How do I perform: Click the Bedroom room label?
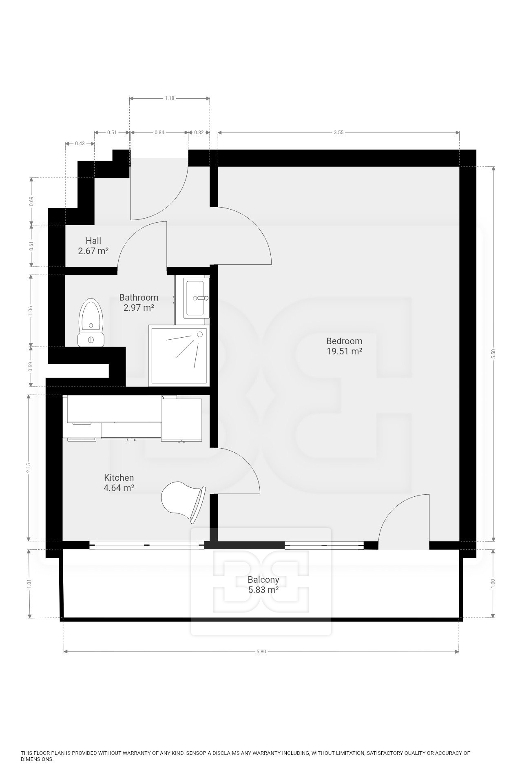pyautogui.click(x=344, y=346)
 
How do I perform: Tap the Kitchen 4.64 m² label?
pyautogui.click(x=119, y=482)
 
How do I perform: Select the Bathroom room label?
pyautogui.click(x=139, y=302)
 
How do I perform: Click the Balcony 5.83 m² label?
pyautogui.click(x=263, y=584)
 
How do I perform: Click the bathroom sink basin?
pyautogui.click(x=196, y=297)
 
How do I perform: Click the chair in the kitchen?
pyautogui.click(x=184, y=502)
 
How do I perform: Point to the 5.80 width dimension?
pyautogui.click(x=261, y=652)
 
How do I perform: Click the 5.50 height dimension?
pyautogui.click(x=493, y=354)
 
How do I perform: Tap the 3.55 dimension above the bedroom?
pyautogui.click(x=338, y=133)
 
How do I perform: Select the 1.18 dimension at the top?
pyautogui.click(x=170, y=98)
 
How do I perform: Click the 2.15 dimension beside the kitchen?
pyautogui.click(x=28, y=468)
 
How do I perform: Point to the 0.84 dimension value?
pyautogui.click(x=159, y=133)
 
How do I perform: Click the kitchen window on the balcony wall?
pyautogui.click(x=146, y=545)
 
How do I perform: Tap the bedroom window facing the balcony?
pyautogui.click(x=324, y=545)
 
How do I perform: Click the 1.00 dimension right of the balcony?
pyautogui.click(x=493, y=583)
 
